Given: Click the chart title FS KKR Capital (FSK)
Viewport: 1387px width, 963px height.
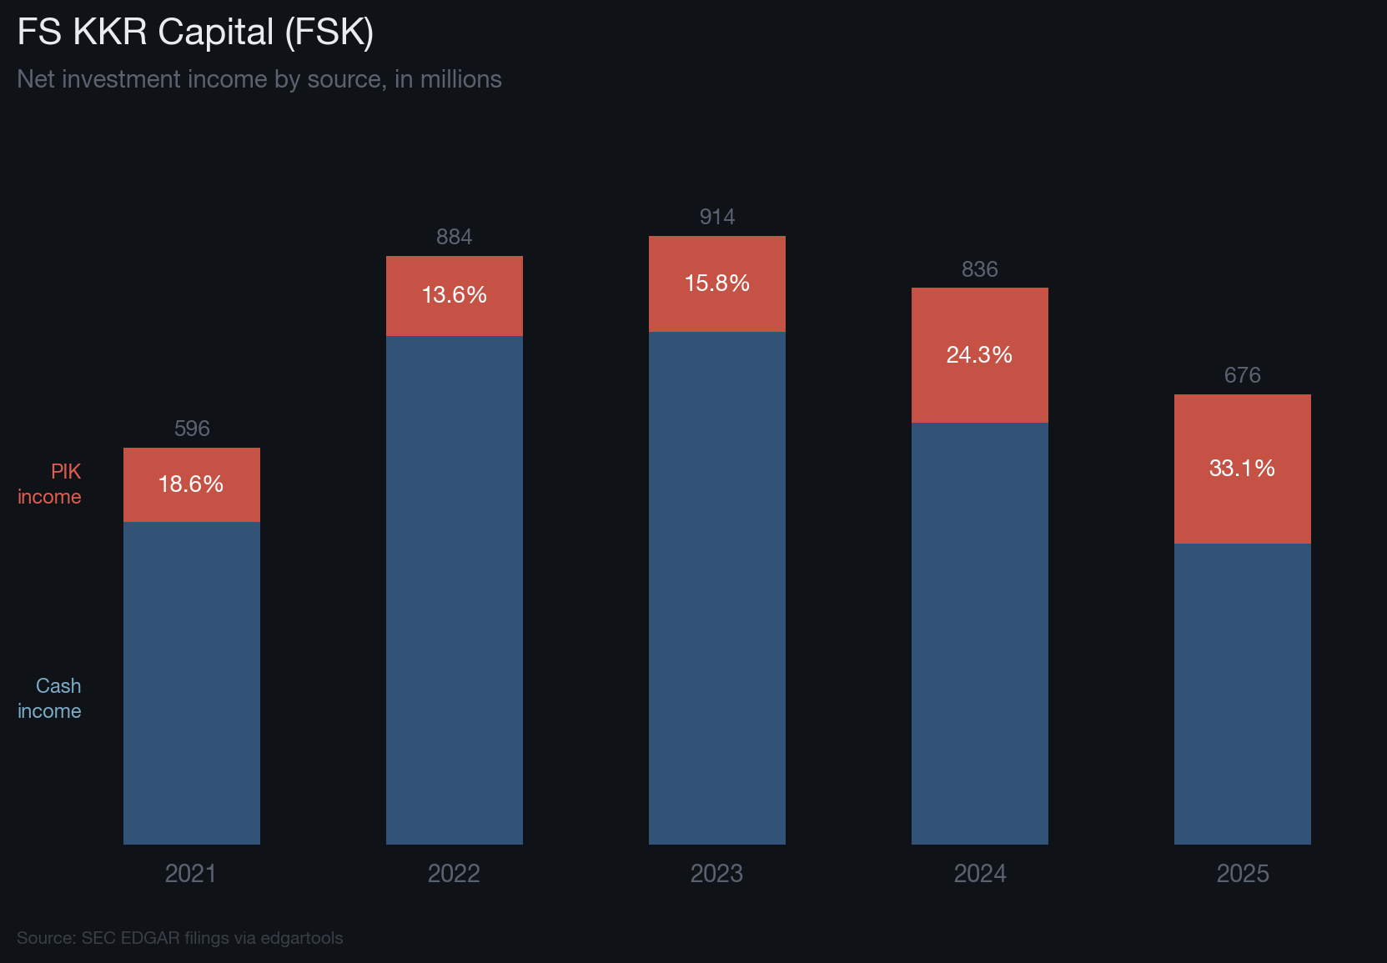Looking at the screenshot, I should tap(195, 33).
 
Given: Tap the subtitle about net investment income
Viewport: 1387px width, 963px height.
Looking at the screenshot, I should tap(259, 79).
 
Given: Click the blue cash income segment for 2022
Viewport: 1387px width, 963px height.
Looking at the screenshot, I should tap(454, 589).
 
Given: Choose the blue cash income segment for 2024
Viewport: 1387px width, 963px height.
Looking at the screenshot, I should tap(979, 633).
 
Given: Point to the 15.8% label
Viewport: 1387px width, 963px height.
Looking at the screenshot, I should tap(716, 283).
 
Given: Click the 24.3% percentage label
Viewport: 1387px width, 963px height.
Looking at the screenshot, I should tap(979, 355).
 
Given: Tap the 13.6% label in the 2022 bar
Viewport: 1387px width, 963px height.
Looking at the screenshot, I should tap(454, 295).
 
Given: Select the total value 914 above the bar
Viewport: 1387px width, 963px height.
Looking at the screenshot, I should tap(716, 217).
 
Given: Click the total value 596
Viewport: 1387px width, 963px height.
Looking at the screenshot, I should tap(191, 429).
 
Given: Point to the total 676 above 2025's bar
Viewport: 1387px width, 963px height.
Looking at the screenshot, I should tap(1242, 375).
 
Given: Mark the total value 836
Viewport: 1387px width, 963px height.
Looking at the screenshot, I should tap(979, 269).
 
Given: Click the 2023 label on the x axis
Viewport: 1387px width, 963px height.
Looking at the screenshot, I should tap(716, 873).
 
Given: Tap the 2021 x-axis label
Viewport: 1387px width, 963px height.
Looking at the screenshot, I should tap(191, 873).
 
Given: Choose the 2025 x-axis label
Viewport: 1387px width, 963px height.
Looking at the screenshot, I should tap(1242, 873).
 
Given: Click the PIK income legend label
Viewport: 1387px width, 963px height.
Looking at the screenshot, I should tap(50, 484).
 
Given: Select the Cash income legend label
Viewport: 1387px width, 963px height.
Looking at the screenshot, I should tap(50, 698).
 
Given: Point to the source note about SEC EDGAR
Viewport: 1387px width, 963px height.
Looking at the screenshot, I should tap(179, 938).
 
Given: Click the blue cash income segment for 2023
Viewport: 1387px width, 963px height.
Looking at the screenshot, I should tap(716, 588).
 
